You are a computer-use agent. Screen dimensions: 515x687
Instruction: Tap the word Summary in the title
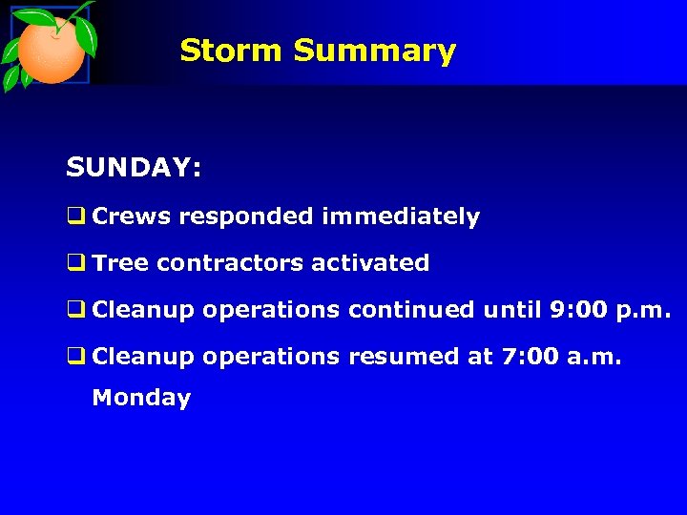(x=374, y=50)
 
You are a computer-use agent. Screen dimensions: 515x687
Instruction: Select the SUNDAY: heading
(x=134, y=169)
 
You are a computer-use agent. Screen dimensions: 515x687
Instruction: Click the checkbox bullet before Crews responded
(x=75, y=217)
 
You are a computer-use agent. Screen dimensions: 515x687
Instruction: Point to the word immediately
(x=401, y=217)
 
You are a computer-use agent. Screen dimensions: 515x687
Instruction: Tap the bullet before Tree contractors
(x=75, y=263)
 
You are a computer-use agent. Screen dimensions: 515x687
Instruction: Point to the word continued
(x=411, y=310)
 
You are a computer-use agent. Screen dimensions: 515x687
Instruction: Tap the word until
(x=512, y=310)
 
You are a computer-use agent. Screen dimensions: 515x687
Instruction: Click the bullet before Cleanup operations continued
(x=75, y=310)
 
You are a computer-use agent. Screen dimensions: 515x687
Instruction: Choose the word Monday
(x=141, y=399)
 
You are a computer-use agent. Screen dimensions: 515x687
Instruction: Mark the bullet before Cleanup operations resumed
(x=75, y=357)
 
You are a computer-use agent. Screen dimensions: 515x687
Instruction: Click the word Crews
(x=132, y=217)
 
